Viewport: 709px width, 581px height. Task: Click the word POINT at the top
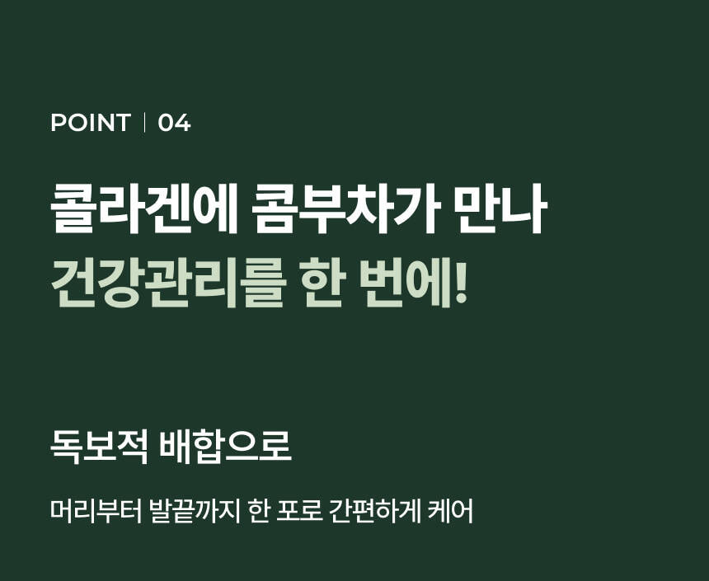click(91, 123)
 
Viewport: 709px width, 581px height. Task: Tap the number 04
click(174, 123)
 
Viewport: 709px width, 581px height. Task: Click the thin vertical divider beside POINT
click(144, 123)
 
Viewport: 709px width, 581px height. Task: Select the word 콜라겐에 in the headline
click(143, 209)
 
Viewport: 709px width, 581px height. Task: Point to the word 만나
click(500, 209)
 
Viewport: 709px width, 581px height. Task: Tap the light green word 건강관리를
click(167, 283)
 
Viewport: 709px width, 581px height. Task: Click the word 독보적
click(99, 447)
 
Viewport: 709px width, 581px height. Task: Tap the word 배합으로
click(226, 447)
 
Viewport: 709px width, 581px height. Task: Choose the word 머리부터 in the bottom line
click(96, 511)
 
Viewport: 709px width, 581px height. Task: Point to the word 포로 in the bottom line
click(300, 511)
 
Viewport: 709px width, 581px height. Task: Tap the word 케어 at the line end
click(451, 511)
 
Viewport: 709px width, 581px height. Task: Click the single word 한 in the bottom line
click(259, 511)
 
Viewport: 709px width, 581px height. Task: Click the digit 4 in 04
click(183, 123)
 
